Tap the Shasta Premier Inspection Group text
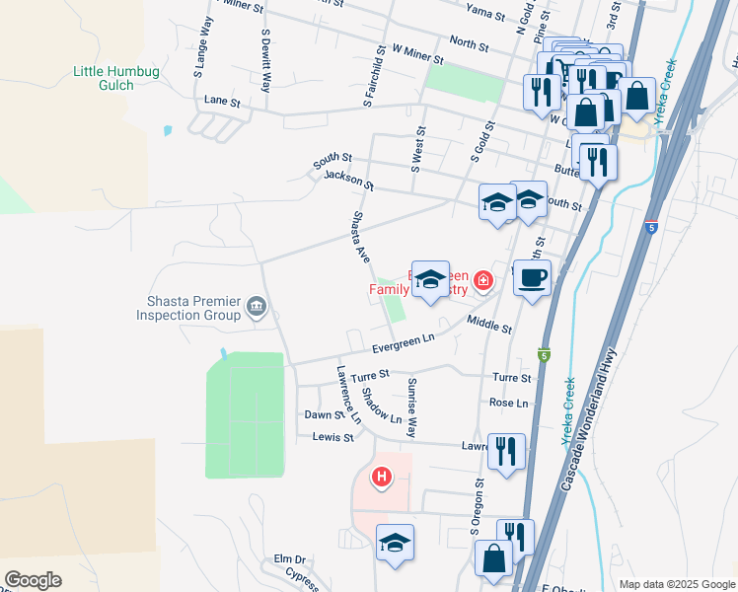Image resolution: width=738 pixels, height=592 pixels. pos(187,308)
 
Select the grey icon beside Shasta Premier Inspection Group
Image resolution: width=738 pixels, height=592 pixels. pos(257,308)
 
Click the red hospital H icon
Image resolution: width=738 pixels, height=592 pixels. pos(381,479)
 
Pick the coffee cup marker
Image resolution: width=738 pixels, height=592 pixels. pos(532,280)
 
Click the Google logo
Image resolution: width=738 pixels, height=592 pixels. pos(33,580)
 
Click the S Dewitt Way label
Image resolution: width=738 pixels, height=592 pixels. pos(265,60)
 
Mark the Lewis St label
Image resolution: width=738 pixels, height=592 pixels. pos(332,437)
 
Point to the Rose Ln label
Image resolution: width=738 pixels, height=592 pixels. pos(508,403)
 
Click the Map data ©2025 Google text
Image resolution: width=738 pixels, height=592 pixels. pos(676,584)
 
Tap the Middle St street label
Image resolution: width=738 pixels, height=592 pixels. pos(489,324)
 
